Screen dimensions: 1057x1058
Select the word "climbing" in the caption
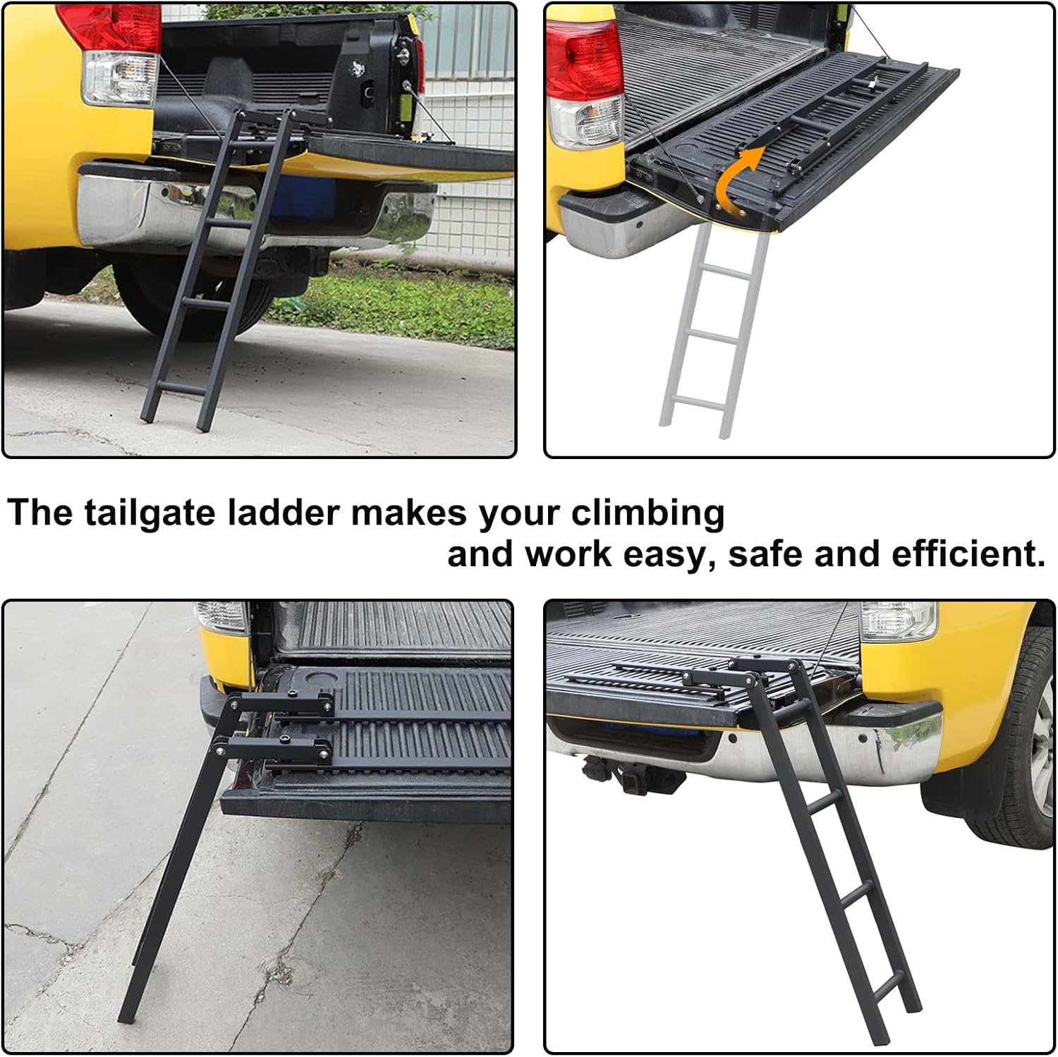point(647,513)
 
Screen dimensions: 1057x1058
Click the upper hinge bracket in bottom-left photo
point(282,703)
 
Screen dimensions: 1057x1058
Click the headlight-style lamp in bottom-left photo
point(221,615)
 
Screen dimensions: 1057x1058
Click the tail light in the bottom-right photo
point(897,618)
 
